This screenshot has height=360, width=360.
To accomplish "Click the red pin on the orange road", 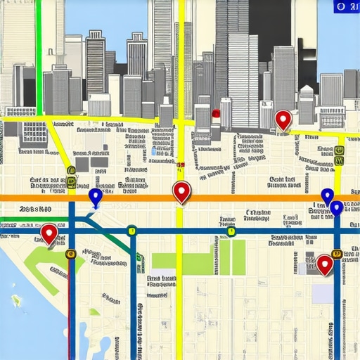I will pos(181,191).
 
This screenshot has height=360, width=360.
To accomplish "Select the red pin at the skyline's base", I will pos(283,120).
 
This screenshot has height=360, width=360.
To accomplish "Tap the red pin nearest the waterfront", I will pos(49,233).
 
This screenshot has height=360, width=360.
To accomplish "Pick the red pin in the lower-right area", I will pos(324,264).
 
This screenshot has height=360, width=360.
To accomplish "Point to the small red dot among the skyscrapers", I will pos(216,112).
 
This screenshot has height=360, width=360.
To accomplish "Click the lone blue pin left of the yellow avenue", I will pos(96,196).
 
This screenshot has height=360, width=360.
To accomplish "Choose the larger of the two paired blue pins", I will pos(337,207).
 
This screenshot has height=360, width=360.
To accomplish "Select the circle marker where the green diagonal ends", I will pos(131,229).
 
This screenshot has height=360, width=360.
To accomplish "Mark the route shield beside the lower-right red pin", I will pos(337,253).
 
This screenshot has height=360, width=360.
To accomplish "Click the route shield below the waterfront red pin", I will pos(70,254).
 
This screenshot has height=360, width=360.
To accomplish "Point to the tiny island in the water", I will pos(15,300).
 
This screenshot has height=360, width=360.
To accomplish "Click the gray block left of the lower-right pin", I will pos(310,262).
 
